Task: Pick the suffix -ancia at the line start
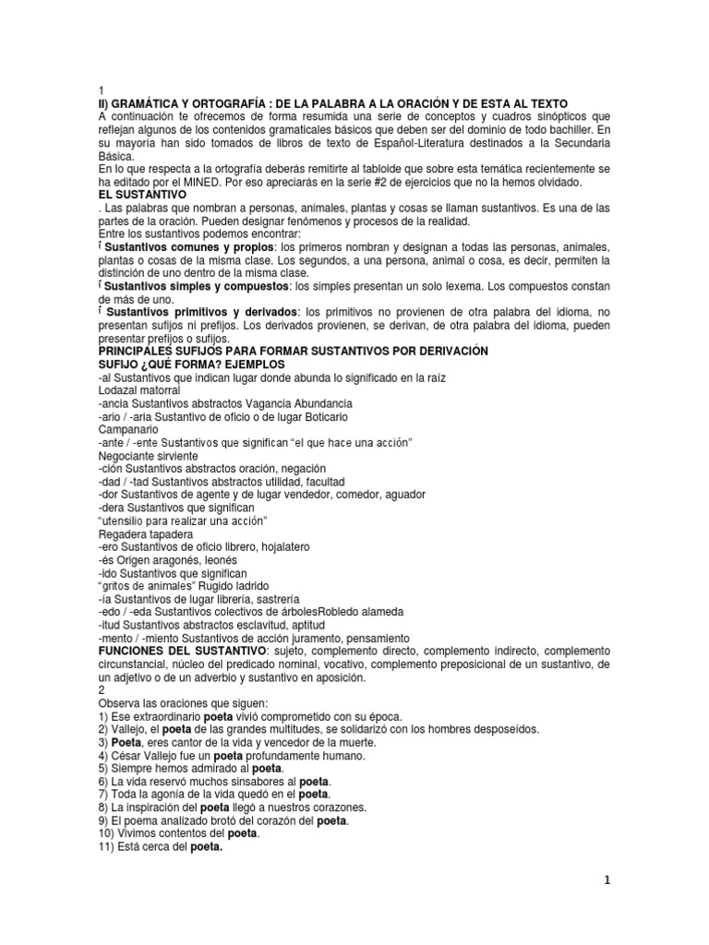[x=116, y=403]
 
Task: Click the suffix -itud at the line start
[x=112, y=625]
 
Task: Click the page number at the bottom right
[x=607, y=880]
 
